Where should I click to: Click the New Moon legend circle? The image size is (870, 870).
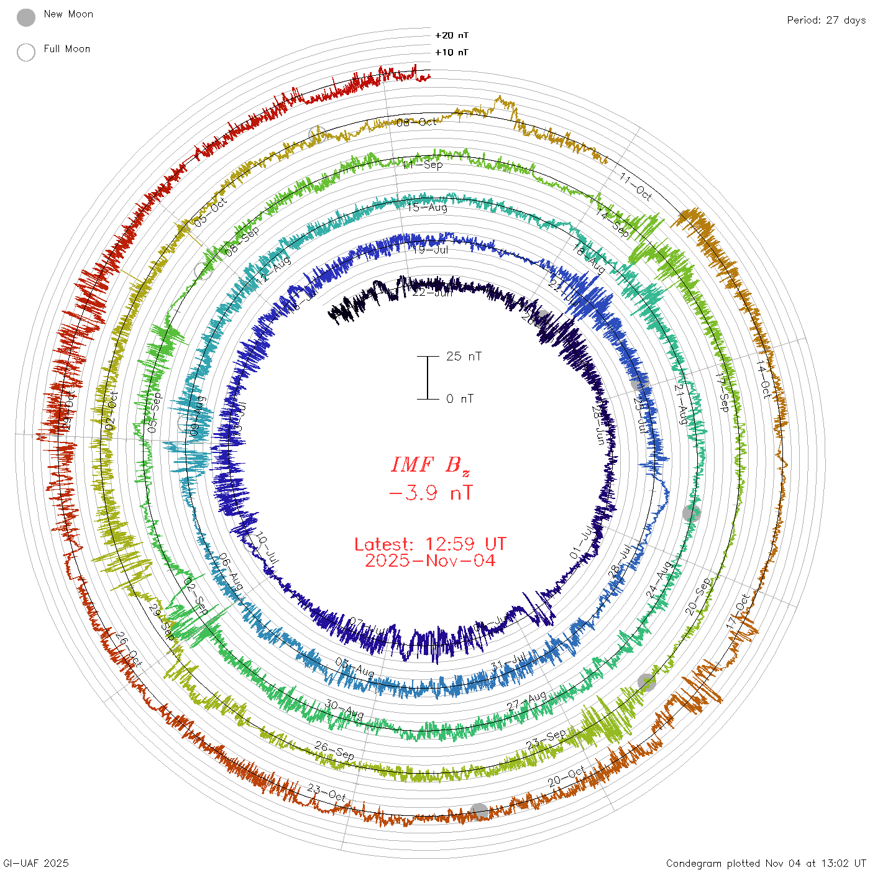(x=26, y=18)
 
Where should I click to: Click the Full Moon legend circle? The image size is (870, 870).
(x=26, y=52)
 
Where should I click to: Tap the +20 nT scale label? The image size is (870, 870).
(x=452, y=35)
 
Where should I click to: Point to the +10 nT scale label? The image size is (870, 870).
(x=452, y=52)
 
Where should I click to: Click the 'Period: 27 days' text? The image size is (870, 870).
(x=826, y=20)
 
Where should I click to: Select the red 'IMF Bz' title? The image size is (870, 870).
(x=430, y=465)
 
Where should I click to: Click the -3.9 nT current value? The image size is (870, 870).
(x=430, y=493)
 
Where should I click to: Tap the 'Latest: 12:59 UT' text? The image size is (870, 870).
(x=430, y=544)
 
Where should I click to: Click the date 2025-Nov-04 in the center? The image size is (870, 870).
(x=430, y=561)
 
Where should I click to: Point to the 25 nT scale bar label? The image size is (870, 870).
(x=464, y=356)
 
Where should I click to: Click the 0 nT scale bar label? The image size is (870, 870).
(x=460, y=398)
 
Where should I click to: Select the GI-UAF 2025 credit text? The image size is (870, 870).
(x=36, y=863)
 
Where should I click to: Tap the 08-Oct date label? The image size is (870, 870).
(x=417, y=122)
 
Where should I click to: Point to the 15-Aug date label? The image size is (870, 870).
(x=428, y=207)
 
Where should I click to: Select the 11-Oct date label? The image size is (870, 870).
(x=635, y=187)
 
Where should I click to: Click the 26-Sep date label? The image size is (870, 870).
(x=334, y=750)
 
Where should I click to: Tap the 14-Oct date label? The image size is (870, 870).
(x=764, y=378)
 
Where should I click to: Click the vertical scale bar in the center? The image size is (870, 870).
(x=428, y=377)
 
